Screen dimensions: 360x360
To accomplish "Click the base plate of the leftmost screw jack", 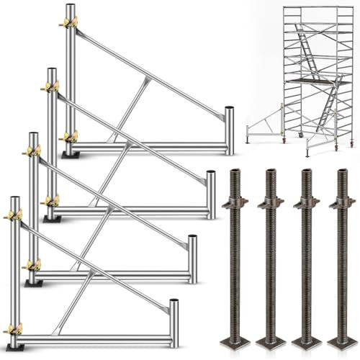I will (235, 339).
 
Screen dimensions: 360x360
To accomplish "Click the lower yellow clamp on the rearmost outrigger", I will (71, 135).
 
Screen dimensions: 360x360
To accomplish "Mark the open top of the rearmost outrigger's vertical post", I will (70, 6).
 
